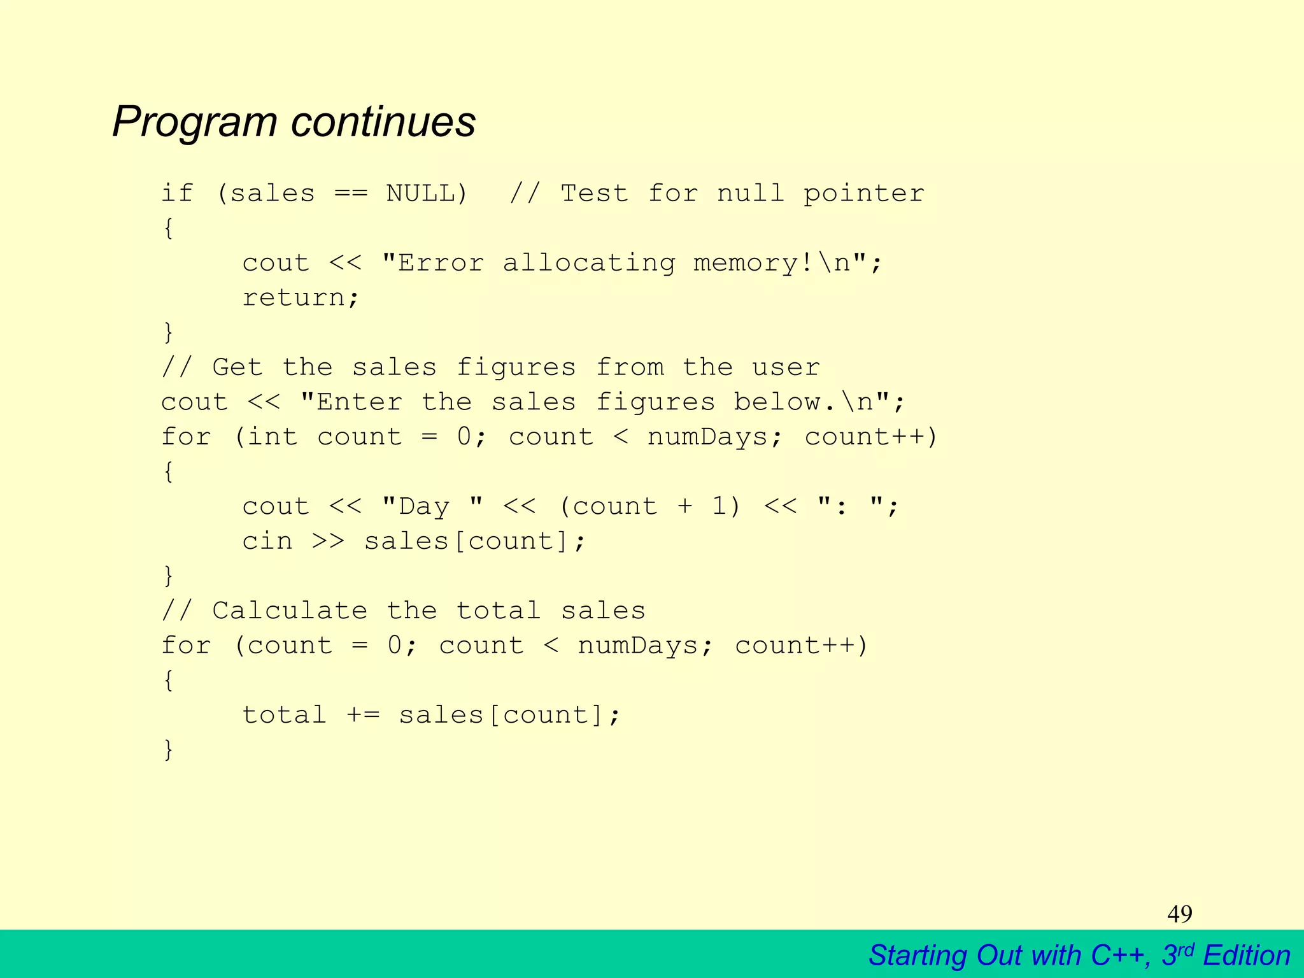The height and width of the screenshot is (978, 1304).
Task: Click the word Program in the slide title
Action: (194, 122)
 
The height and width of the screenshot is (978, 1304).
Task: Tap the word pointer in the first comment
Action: (863, 194)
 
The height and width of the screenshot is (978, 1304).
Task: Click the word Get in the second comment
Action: (237, 367)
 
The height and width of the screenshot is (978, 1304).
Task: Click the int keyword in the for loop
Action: (273, 437)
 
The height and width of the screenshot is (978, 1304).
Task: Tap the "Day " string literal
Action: (432, 506)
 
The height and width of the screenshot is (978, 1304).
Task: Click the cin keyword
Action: (267, 541)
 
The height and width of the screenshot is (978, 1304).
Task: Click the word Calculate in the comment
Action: (290, 611)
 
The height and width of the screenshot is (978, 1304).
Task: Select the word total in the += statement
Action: (284, 715)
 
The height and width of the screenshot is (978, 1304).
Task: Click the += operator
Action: (363, 715)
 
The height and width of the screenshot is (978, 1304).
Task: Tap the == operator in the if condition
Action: (351, 194)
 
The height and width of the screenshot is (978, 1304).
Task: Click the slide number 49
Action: (1179, 914)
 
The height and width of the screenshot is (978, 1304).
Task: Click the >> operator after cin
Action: (328, 541)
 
